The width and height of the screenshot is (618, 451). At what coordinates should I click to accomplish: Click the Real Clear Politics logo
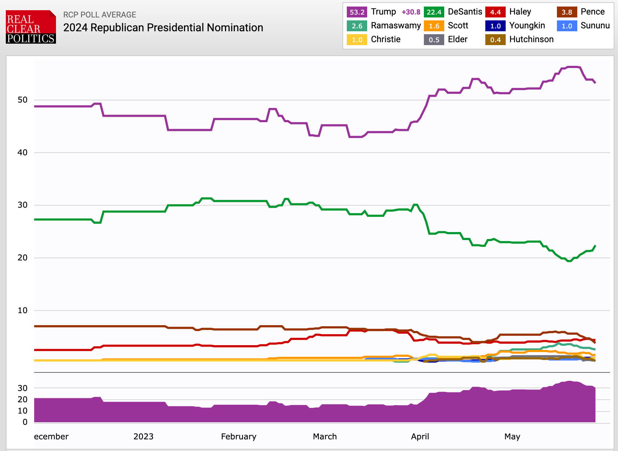pyautogui.click(x=31, y=27)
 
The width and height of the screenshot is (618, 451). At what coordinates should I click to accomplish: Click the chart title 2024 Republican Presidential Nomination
pyautogui.click(x=163, y=28)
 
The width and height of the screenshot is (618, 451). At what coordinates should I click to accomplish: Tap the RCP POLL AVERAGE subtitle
pyautogui.click(x=100, y=15)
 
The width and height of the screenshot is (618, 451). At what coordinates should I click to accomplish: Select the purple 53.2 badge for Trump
pyautogui.click(x=357, y=12)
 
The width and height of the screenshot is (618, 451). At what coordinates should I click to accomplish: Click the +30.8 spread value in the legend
pyautogui.click(x=411, y=12)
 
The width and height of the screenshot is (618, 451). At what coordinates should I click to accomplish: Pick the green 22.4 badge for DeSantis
pyautogui.click(x=434, y=12)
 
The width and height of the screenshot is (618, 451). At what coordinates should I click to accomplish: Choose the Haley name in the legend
pyautogui.click(x=520, y=12)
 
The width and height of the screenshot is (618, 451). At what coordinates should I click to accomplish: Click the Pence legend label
pyautogui.click(x=592, y=12)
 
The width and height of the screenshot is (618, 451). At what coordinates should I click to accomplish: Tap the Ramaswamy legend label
pyautogui.click(x=396, y=25)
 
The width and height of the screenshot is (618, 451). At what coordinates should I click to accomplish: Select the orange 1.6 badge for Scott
pyautogui.click(x=434, y=26)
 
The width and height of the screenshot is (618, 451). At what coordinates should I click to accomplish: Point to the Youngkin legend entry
pyautogui.click(x=527, y=25)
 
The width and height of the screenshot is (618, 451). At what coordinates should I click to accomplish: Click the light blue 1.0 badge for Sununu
pyautogui.click(x=566, y=26)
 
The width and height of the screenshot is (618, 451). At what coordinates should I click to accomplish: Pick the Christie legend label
pyautogui.click(x=385, y=39)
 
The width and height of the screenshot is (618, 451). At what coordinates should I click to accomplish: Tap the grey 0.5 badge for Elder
pyautogui.click(x=434, y=40)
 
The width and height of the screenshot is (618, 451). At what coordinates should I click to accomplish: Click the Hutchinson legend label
pyautogui.click(x=531, y=39)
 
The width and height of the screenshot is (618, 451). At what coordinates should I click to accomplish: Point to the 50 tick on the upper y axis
pyautogui.click(x=23, y=100)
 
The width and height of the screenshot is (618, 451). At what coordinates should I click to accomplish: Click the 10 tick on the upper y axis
pyautogui.click(x=23, y=310)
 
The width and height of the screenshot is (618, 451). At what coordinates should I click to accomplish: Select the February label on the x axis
pyautogui.click(x=238, y=436)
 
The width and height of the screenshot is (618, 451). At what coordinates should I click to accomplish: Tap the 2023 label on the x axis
pyautogui.click(x=143, y=436)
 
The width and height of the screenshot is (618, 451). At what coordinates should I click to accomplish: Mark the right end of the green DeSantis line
pyautogui.click(x=595, y=246)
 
